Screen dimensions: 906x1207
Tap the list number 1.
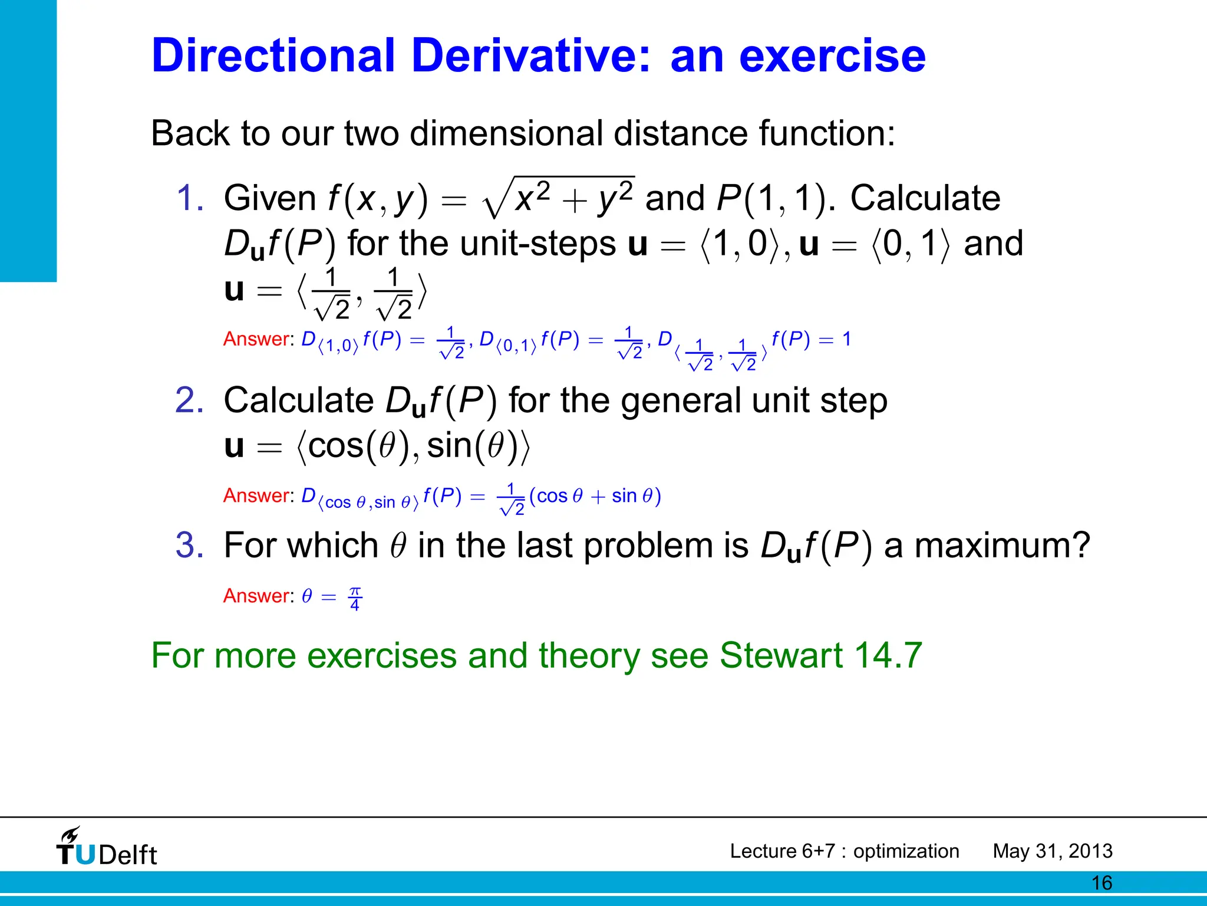click(190, 198)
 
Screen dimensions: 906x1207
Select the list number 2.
click(190, 401)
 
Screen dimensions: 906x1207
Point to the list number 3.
click(190, 545)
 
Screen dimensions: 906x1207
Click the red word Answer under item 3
click(257, 596)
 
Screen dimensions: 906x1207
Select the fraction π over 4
click(355, 598)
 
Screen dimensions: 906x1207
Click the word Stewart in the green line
click(781, 655)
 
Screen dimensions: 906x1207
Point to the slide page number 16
click(1102, 883)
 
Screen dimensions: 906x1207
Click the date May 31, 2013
click(1053, 851)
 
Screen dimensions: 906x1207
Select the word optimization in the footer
click(906, 851)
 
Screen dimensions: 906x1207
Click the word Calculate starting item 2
click(299, 401)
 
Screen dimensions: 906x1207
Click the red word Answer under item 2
click(257, 495)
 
